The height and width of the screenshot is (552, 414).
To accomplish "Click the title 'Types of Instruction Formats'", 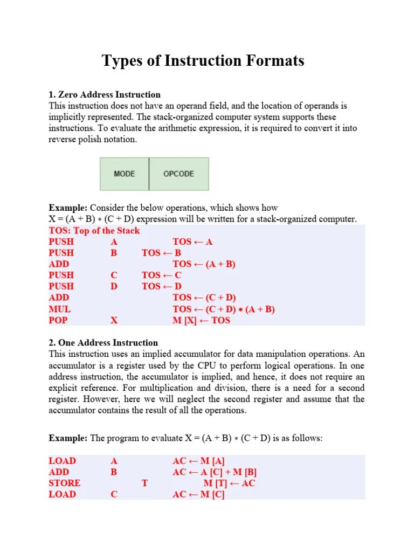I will click(x=203, y=61).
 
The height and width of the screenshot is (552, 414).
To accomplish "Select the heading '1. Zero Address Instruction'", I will click(x=105, y=95).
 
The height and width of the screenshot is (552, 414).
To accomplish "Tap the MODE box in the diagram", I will click(x=125, y=174).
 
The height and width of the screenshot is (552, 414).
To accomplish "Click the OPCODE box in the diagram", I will click(x=178, y=174).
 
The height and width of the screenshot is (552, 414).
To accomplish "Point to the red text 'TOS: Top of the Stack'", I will click(x=94, y=231).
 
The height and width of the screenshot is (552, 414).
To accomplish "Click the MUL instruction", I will click(x=59, y=309).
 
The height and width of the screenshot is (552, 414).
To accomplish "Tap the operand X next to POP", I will click(x=114, y=320).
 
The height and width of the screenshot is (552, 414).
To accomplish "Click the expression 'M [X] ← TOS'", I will click(x=201, y=320).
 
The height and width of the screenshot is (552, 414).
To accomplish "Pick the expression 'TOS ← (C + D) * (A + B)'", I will click(x=224, y=309).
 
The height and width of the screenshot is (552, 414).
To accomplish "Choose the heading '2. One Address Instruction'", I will click(x=103, y=343).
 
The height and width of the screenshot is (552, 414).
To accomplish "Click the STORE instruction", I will click(x=64, y=483).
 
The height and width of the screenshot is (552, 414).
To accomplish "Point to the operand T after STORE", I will click(x=144, y=483).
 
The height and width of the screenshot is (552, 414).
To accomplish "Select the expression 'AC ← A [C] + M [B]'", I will click(x=215, y=472).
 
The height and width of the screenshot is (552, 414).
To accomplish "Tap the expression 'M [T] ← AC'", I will click(x=229, y=483).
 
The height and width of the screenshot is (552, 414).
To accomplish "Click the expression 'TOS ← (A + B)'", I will click(x=204, y=264).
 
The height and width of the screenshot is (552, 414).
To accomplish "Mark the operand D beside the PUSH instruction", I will click(x=114, y=287).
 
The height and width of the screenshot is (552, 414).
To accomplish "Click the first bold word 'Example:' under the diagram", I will click(x=68, y=208).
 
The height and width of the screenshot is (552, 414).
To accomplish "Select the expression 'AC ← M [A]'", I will click(x=199, y=461).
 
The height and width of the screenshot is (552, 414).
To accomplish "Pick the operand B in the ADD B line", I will click(x=114, y=472).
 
